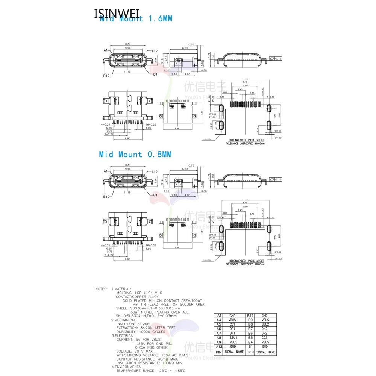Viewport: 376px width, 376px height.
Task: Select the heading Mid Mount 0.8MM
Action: coord(135,154)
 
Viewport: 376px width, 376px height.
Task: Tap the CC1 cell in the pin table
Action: coord(232,324)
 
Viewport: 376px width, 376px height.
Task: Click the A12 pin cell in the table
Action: coord(219,346)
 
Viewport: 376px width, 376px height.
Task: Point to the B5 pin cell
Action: coord(250,337)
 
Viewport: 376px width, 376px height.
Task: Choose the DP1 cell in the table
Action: coord(232,328)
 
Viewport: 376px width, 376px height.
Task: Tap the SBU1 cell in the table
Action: coord(232,337)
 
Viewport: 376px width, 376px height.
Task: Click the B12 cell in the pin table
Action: coord(250,315)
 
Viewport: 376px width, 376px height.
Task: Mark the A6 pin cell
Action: coord(219,328)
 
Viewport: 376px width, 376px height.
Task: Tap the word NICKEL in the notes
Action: coord(147,312)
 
